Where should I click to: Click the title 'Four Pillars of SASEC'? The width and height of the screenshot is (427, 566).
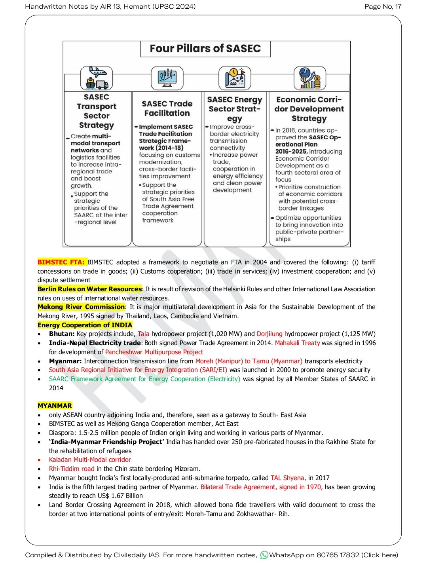pyautogui.click(x=205, y=49)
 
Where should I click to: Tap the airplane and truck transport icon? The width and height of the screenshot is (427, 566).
pyautogui.click(x=97, y=78)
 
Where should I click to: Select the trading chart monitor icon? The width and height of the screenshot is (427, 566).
pyautogui.click(x=167, y=78)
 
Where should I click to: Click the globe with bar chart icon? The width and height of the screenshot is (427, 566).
pyautogui.click(x=310, y=78)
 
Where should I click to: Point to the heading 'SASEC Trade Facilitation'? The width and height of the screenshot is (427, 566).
pyautogui.click(x=167, y=108)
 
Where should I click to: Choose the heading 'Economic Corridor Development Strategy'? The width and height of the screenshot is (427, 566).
pyautogui.click(x=309, y=109)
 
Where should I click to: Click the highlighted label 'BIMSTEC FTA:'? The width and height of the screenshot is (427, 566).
pyautogui.click(x=61, y=262)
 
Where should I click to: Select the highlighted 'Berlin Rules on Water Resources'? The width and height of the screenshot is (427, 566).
pyautogui.click(x=90, y=289)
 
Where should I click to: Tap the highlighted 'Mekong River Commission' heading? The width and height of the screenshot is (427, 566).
pyautogui.click(x=81, y=307)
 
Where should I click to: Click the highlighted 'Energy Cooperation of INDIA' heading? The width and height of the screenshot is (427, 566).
pyautogui.click(x=85, y=325)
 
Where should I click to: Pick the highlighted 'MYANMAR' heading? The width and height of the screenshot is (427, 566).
pyautogui.click(x=55, y=406)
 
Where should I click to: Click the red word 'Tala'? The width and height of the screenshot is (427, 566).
pyautogui.click(x=144, y=334)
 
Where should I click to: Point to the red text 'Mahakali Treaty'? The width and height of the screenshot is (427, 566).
pyautogui.click(x=297, y=343)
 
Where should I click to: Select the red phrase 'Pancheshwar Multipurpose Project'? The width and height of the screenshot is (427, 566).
pyautogui.click(x=154, y=352)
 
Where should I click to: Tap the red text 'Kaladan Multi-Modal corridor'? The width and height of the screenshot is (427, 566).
pyautogui.click(x=90, y=460)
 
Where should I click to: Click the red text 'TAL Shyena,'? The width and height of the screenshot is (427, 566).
pyautogui.click(x=288, y=478)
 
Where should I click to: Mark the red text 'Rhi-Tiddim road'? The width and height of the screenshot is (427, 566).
pyautogui.click(x=72, y=469)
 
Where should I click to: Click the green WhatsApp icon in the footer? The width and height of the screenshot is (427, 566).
pyautogui.click(x=264, y=555)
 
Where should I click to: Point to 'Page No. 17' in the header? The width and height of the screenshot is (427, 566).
pyautogui.click(x=383, y=6)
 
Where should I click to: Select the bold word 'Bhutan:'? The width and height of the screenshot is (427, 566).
pyautogui.click(x=62, y=334)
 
